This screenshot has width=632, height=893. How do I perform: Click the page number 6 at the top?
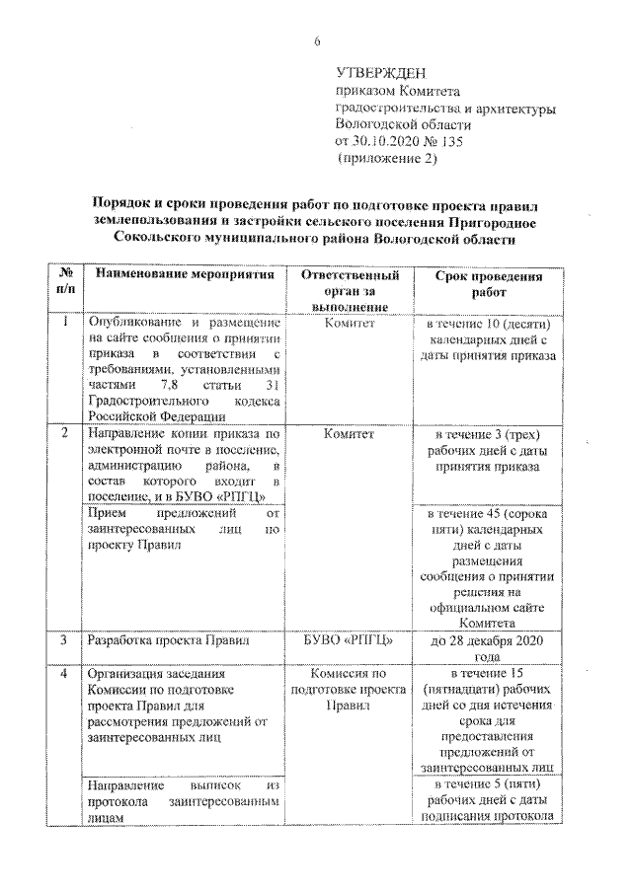point(317,40)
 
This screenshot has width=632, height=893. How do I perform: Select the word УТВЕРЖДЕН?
point(381,74)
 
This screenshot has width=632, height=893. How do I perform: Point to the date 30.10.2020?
point(391,141)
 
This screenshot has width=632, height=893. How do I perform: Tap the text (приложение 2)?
point(386,158)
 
